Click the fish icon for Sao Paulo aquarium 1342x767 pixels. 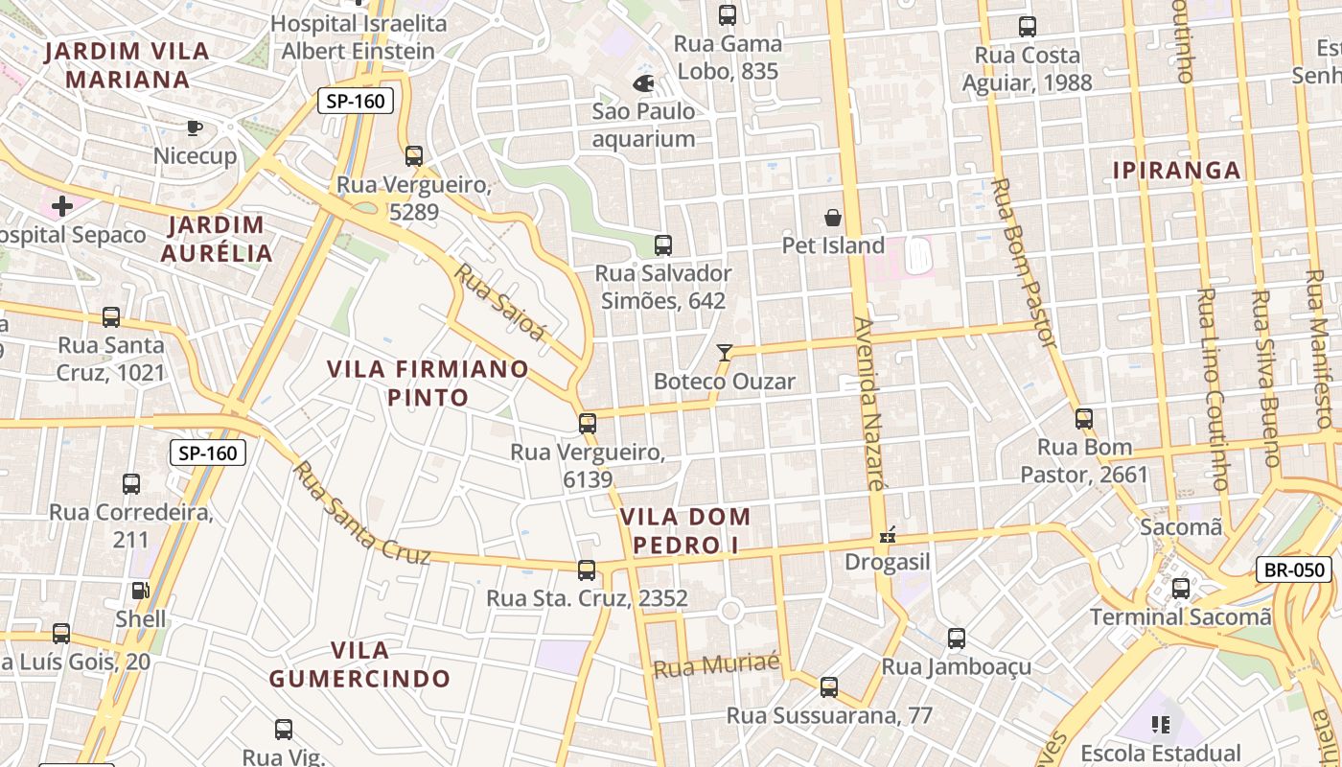pos(643,83)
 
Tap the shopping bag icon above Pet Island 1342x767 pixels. pos(833,218)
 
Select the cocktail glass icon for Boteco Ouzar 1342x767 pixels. pos(725,353)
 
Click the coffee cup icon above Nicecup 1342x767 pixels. pos(195,128)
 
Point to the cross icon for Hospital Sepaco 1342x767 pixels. pos(62,206)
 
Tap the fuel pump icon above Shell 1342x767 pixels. pos(140,591)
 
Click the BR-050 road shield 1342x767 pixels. pos(1294,569)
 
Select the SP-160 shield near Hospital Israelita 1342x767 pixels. pos(356,102)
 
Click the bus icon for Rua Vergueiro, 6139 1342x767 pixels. pos(587,423)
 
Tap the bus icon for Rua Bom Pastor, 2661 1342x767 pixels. pos(1084,419)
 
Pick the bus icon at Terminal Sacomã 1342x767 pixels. pos(1181,588)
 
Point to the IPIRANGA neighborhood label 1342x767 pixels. pos(1177,171)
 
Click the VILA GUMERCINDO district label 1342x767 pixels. pos(359,664)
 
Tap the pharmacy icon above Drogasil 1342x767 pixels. pos(888,534)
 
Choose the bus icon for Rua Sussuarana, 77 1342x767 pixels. pos(829,687)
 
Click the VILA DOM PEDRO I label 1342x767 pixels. pos(684,530)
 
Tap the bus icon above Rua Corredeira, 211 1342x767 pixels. pos(131,484)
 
